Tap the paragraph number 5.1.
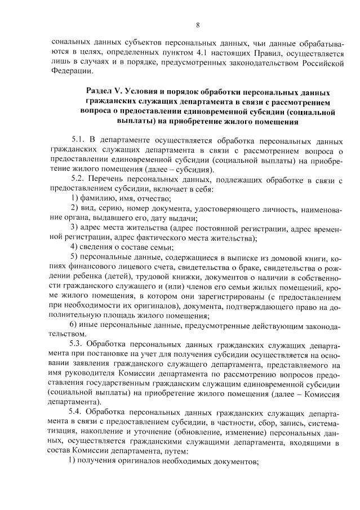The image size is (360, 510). pyautogui.click(x=80, y=140)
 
